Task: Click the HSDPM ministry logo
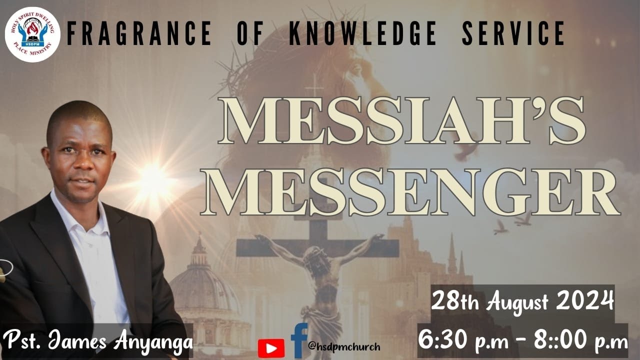32,34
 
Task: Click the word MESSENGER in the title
410,192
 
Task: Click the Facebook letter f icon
299,340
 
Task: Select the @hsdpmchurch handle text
344,346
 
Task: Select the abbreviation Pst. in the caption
22,341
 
